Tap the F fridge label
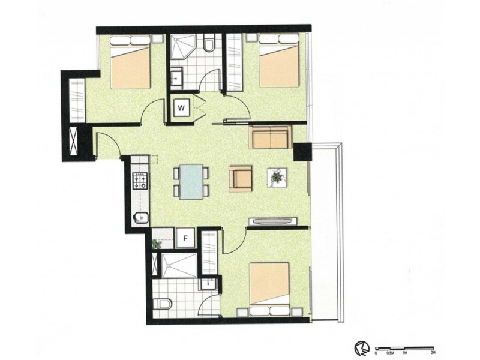tap(185, 238)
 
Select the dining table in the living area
tap(191, 181)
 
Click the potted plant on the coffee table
tap(277, 177)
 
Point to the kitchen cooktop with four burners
tap(140, 181)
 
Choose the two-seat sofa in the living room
tap(271, 137)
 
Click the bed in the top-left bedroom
tap(130, 62)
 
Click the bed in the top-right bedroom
tap(279, 61)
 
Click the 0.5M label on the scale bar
tap(390, 353)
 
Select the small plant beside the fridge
tap(157, 243)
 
